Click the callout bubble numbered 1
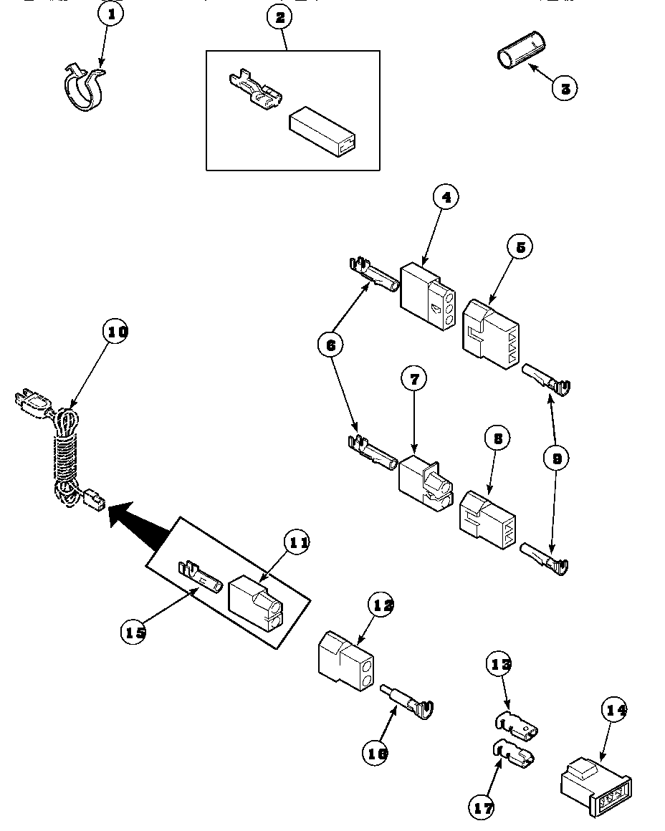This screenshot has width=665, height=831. pos(110,14)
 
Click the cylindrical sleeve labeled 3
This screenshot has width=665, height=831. pos(520,57)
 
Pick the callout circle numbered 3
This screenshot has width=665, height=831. pos(565,88)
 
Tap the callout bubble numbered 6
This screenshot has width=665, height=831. pos(330,345)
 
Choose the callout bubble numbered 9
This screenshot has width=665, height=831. pos(555,458)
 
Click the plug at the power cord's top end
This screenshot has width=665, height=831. pos(30,404)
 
